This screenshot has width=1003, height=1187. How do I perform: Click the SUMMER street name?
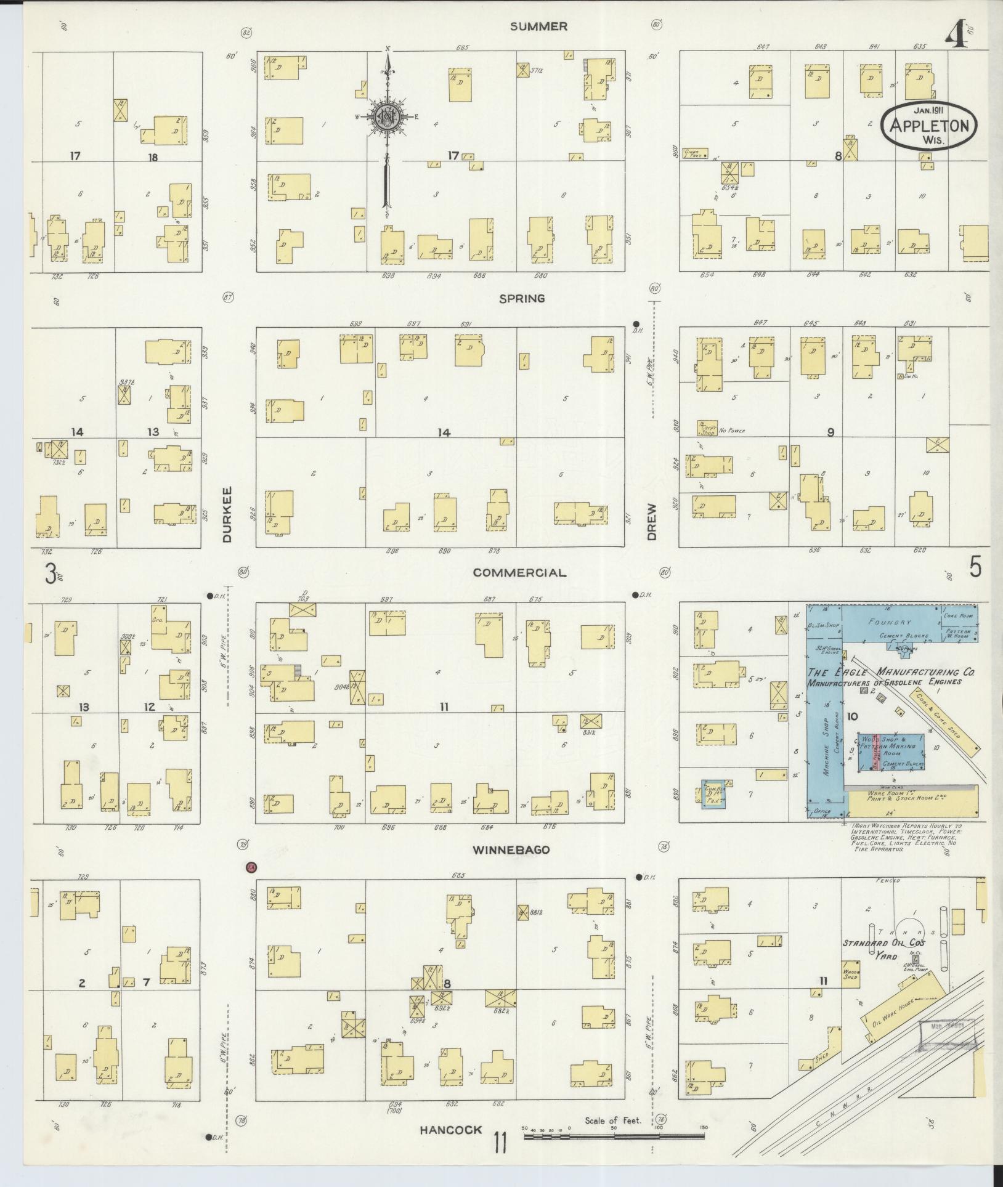538,26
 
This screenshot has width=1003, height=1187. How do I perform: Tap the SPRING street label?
522,299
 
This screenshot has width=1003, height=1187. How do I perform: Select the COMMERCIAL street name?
519,573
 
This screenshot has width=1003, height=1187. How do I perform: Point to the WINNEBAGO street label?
511,850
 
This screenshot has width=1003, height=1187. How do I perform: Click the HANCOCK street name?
450,1130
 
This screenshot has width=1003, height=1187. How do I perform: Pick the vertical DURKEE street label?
226,522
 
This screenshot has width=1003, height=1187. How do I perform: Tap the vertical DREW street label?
652,522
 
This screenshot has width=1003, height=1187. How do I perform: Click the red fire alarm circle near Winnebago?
251,868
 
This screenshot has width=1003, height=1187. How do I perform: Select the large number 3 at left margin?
50,575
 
